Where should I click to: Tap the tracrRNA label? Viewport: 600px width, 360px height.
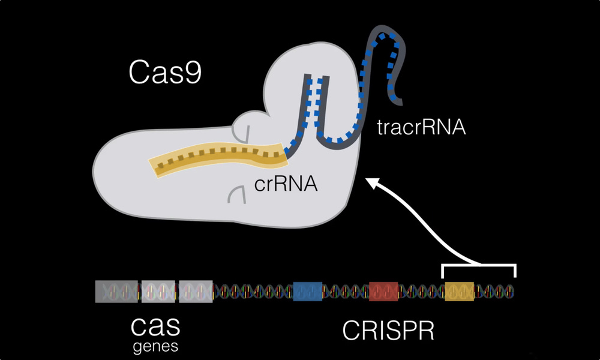[421, 128]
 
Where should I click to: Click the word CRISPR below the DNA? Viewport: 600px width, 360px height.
[388, 331]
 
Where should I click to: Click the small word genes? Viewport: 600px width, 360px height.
[155, 346]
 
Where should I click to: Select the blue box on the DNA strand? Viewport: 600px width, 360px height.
[307, 291]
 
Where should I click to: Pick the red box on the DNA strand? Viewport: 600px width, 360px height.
[384, 291]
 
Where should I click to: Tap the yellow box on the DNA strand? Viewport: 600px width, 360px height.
[459, 291]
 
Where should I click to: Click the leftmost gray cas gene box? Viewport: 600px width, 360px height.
[115, 292]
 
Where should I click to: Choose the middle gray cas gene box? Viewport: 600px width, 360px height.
[157, 292]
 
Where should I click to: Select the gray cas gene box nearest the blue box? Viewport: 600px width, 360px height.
[196, 292]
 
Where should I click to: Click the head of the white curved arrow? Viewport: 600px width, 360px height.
[372, 181]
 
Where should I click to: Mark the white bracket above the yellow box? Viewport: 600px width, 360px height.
[478, 265]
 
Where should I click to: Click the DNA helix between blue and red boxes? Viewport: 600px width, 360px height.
[346, 292]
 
